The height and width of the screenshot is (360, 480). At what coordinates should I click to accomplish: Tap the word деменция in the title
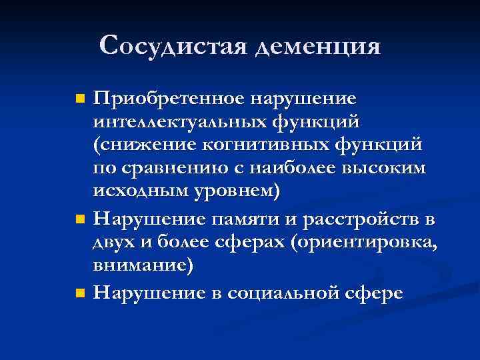click(x=318, y=47)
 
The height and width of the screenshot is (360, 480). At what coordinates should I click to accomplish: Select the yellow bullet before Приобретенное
click(x=80, y=99)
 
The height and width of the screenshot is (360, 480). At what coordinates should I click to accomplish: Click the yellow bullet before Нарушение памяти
click(x=80, y=219)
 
